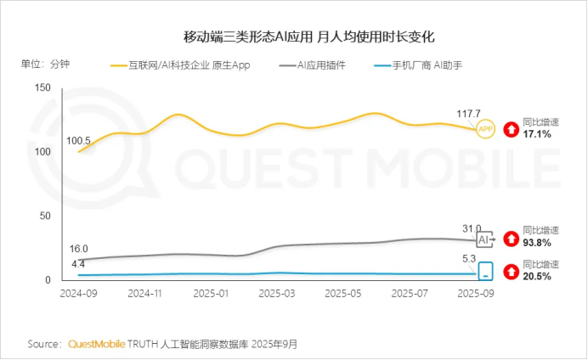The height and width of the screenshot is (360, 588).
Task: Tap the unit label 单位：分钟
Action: (x=46, y=65)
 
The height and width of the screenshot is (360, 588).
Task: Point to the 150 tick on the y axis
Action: (x=42, y=87)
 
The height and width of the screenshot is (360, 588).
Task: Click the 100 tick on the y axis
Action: (x=42, y=152)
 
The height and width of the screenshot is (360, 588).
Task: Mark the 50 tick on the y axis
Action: (x=45, y=216)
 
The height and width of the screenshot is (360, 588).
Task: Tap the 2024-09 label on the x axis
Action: (x=78, y=292)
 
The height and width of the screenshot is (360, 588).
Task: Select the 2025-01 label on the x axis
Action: (x=210, y=292)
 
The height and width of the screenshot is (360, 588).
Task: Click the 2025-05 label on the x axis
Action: (x=342, y=292)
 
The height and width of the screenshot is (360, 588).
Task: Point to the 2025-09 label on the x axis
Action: (x=474, y=292)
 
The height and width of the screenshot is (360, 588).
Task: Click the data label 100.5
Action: (x=79, y=141)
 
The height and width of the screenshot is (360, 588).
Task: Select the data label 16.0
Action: (x=79, y=249)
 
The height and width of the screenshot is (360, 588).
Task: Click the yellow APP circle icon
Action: (x=485, y=129)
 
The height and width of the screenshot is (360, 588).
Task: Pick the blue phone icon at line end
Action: (x=485, y=272)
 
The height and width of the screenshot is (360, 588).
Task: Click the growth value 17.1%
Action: (x=537, y=135)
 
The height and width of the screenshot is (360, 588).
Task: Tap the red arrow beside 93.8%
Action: (x=511, y=239)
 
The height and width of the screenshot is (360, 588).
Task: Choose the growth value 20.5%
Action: (x=537, y=277)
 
